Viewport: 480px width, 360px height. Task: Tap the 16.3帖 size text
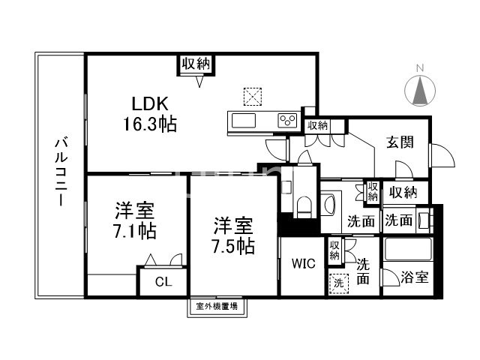(x=150, y=124)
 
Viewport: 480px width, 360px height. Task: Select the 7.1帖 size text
(x=136, y=230)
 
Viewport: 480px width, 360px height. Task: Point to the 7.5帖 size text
(x=232, y=245)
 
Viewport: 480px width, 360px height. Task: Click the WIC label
(x=303, y=263)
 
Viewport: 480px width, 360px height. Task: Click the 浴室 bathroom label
(x=414, y=277)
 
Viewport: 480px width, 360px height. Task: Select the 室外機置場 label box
(x=217, y=306)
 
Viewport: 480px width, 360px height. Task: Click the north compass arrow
(x=421, y=91)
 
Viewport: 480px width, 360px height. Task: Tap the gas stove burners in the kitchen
(x=288, y=120)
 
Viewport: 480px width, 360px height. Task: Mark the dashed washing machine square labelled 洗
(x=338, y=283)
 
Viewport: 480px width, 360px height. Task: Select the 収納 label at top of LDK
(x=196, y=64)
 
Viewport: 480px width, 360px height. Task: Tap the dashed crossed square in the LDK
(x=253, y=96)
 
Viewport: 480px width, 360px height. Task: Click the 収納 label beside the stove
(x=317, y=125)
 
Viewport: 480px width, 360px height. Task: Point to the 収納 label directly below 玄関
(x=402, y=193)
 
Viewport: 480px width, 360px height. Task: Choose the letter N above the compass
(x=421, y=68)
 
